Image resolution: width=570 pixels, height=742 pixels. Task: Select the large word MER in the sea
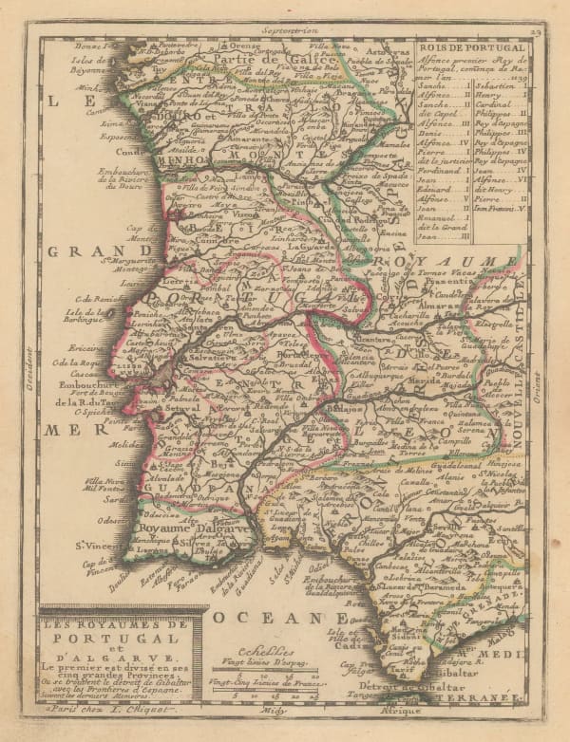(x=63, y=430)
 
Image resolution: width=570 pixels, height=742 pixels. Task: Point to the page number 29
(x=536, y=32)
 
